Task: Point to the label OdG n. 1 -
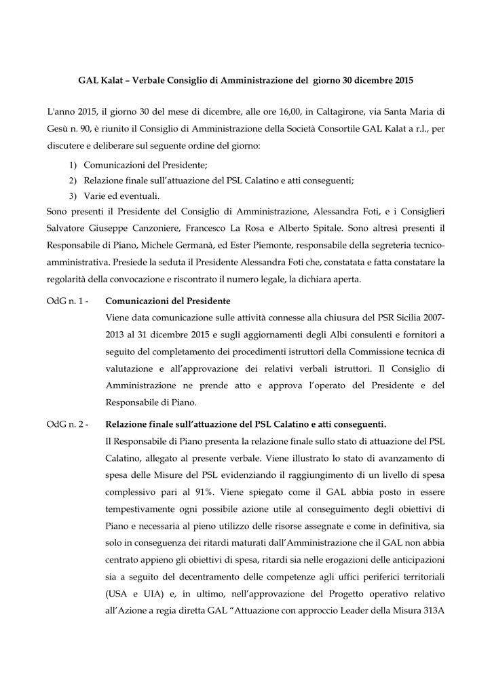pyautogui.click(x=69, y=301)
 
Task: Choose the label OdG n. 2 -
pyautogui.click(x=69, y=424)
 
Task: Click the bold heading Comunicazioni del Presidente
pyautogui.click(x=168, y=301)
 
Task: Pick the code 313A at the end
pyautogui.click(x=431, y=611)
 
